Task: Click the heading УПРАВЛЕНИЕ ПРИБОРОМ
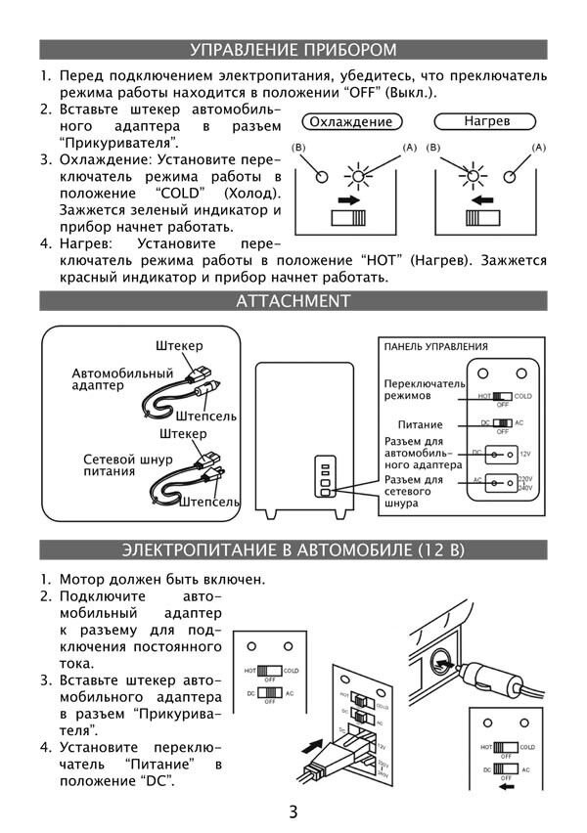293,49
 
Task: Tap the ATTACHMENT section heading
293,300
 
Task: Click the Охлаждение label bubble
349,122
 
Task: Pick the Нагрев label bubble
486,122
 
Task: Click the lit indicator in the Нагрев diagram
476,177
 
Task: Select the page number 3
293,811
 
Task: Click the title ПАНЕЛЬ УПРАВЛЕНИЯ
435,346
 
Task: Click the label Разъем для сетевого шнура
414,492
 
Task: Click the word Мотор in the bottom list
82,579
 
